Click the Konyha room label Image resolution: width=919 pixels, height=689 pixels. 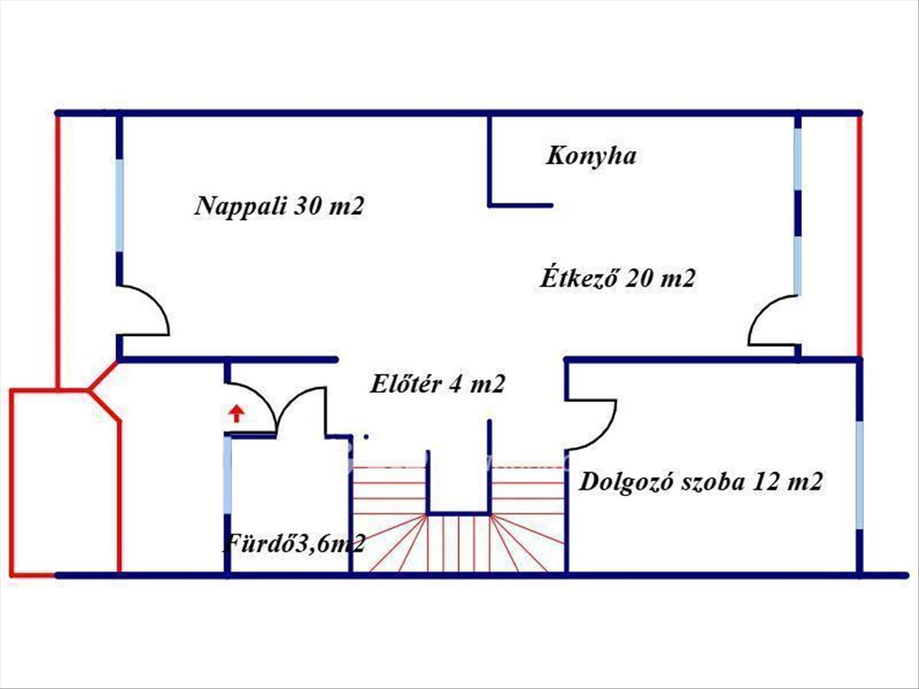click(590, 156)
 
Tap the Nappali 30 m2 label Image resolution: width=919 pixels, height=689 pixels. click(279, 206)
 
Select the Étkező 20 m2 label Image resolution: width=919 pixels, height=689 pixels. click(617, 279)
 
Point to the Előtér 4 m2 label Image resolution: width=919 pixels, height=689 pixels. click(437, 384)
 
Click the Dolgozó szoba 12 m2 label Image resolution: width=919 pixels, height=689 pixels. click(701, 482)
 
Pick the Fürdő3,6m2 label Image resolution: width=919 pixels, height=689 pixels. click(293, 544)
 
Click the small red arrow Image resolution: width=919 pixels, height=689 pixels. click(237, 414)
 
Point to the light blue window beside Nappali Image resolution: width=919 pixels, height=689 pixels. click(119, 205)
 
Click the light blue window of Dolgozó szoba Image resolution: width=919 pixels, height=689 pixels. click(859, 475)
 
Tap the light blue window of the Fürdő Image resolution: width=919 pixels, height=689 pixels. click(227, 475)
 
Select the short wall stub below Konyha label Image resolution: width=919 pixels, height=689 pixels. click(521, 205)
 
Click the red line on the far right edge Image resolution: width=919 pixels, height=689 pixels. click(859, 230)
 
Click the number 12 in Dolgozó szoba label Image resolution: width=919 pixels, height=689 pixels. click(765, 482)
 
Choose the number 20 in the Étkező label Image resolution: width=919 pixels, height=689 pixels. click(638, 279)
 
